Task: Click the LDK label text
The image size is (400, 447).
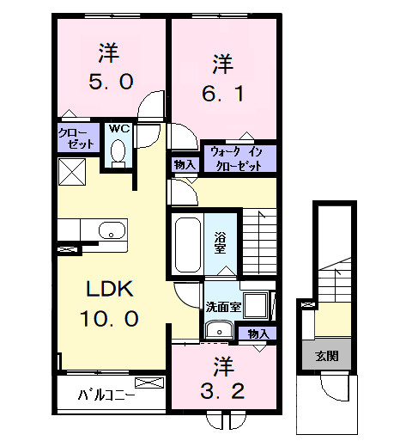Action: [110, 289]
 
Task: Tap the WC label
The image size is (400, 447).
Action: [119, 129]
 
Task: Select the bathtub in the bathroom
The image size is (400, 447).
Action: [188, 245]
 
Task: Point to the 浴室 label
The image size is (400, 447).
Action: [221, 242]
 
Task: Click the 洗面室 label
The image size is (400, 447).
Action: [223, 307]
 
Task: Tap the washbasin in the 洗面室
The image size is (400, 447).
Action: [220, 329]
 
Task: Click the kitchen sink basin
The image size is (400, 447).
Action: [112, 230]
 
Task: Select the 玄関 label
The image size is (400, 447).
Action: [327, 356]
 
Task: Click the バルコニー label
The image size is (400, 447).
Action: [106, 395]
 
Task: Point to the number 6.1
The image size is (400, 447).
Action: [223, 94]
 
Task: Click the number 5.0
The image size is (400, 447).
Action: [111, 81]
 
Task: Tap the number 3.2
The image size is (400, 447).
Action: [222, 391]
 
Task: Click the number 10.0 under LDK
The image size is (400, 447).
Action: [110, 318]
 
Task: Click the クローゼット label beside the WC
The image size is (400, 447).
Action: [76, 138]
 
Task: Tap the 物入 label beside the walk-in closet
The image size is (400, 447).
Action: [185, 165]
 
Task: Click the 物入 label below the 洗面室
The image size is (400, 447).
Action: [258, 334]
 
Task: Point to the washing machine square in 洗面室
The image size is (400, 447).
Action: [256, 305]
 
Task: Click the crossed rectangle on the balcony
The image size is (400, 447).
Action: [149, 383]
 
